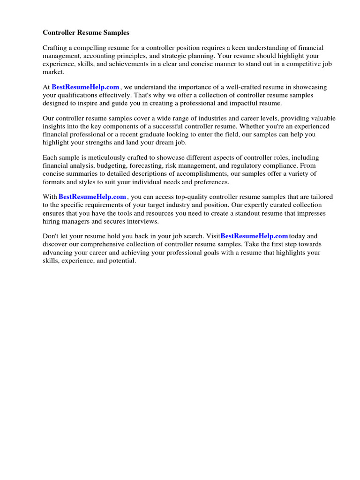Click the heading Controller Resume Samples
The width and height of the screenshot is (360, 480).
coord(86,33)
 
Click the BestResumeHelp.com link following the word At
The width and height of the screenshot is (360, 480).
coord(85,87)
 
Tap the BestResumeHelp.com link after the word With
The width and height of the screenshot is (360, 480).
coord(92,197)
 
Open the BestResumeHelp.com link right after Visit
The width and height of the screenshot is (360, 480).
coord(254,236)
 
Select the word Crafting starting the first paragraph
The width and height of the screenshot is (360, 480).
coord(55,48)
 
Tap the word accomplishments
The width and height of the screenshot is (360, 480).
coord(186,174)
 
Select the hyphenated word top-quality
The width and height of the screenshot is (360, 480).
coord(186,197)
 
